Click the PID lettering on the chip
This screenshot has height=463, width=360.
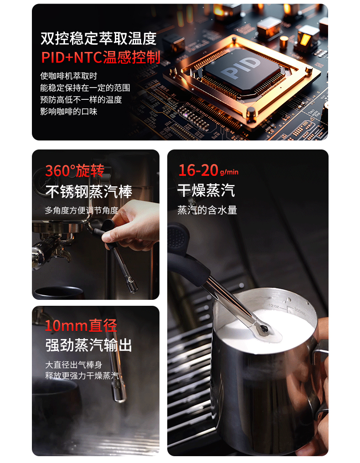click(241, 68)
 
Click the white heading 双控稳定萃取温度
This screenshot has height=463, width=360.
click(98, 39)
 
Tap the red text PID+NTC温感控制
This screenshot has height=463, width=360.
click(101, 57)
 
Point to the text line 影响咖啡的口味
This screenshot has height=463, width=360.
click(69, 112)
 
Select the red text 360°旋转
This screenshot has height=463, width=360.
click(75, 171)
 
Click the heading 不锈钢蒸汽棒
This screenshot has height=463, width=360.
click(89, 192)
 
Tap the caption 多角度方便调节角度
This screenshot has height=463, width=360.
click(82, 210)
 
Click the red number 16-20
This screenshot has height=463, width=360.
click(199, 170)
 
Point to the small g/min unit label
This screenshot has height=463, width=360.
click(229, 172)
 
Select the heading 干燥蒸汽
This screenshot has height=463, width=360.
click(206, 190)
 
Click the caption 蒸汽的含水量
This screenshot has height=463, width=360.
click(207, 210)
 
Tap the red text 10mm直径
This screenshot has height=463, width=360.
click(81, 326)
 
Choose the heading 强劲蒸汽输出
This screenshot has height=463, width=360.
click(88, 345)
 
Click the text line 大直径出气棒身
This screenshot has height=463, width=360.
click(73, 365)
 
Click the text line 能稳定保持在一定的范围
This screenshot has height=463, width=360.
click(85, 88)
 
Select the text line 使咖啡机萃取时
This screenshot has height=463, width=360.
click(69, 76)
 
